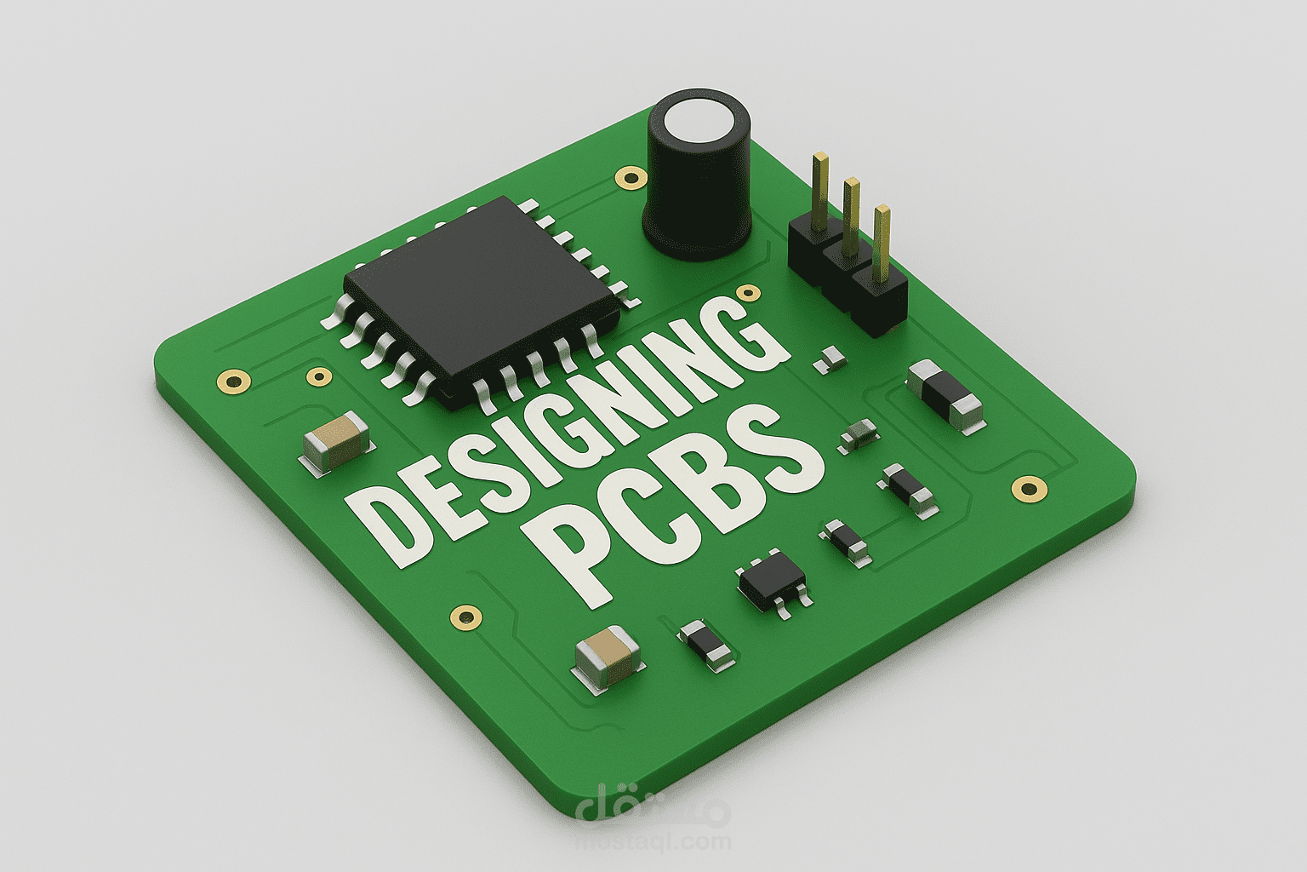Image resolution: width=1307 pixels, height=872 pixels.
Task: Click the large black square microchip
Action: pyautogui.click(x=482, y=298)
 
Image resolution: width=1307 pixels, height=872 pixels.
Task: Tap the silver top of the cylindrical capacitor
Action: pyautogui.click(x=698, y=124)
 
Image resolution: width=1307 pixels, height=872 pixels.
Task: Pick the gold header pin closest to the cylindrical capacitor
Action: pyautogui.click(x=820, y=191)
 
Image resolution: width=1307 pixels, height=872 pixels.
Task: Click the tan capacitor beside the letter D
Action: pyautogui.click(x=336, y=442)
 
